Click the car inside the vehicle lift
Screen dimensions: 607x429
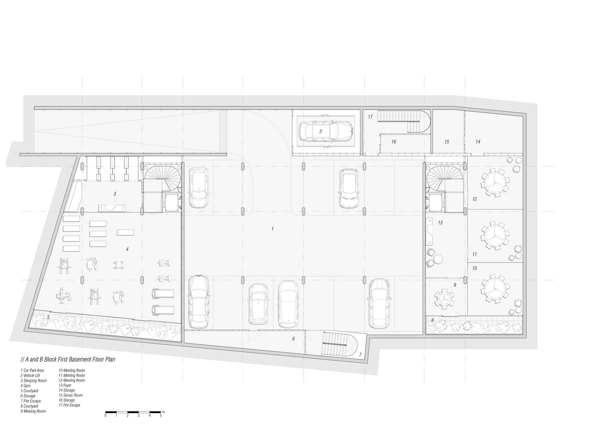click(x=326, y=132)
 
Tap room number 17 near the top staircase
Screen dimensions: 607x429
click(x=370, y=117)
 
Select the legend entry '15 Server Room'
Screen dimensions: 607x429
click(x=71, y=395)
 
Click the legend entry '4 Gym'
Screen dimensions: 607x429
click(x=25, y=386)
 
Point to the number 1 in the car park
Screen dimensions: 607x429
click(x=273, y=229)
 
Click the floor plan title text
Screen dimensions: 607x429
click(x=68, y=360)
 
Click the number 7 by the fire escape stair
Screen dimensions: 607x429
click(x=360, y=354)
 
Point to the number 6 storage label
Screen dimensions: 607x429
click(x=293, y=339)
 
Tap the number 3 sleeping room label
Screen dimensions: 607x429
click(x=115, y=194)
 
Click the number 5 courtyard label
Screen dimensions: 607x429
click(x=48, y=317)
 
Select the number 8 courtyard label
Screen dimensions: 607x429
click(x=432, y=320)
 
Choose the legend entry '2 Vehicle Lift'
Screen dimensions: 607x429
click(x=30, y=375)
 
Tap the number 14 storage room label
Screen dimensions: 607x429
click(x=478, y=142)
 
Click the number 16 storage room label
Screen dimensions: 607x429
click(x=394, y=142)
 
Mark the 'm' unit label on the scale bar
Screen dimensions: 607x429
click(x=164, y=412)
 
